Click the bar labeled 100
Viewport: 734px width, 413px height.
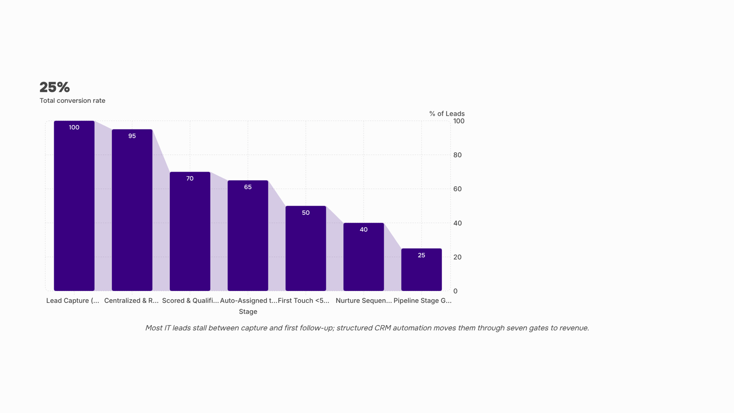(74, 206)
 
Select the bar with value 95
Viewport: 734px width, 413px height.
(132, 210)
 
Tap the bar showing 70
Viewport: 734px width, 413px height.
(190, 231)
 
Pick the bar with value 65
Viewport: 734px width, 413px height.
(248, 236)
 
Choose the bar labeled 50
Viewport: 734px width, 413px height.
(306, 248)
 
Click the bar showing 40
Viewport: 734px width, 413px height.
(364, 257)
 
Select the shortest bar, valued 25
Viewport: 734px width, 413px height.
(422, 270)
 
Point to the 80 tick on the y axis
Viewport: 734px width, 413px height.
(457, 155)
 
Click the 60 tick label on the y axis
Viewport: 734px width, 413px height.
(457, 189)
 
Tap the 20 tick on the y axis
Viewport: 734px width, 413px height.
(457, 257)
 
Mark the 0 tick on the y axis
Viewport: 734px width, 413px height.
(456, 291)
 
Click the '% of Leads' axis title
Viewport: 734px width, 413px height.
(447, 114)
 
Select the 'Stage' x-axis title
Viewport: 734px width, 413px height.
(248, 312)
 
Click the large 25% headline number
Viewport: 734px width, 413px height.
(55, 87)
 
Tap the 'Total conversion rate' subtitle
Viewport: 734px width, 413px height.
(72, 100)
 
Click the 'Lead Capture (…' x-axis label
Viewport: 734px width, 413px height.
(73, 301)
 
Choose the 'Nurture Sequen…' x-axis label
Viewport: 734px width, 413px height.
(364, 301)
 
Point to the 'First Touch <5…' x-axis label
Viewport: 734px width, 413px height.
(303, 301)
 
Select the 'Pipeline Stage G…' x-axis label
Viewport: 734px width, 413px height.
(423, 301)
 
